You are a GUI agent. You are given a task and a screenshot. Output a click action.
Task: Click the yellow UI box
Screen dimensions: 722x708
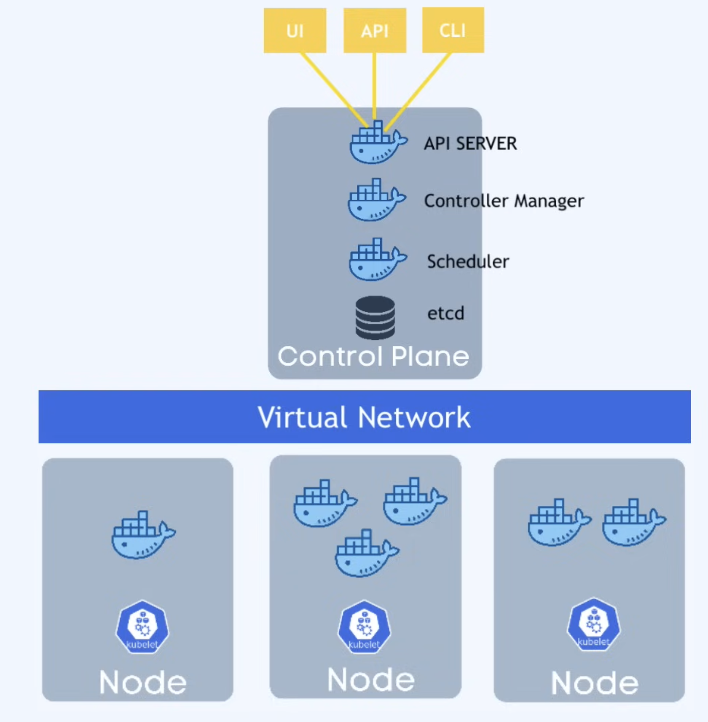click(295, 30)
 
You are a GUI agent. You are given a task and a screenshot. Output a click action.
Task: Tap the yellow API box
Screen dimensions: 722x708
click(375, 30)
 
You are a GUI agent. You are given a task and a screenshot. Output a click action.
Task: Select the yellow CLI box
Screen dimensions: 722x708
click(453, 30)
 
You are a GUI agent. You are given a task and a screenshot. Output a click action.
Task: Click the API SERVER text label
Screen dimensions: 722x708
click(470, 144)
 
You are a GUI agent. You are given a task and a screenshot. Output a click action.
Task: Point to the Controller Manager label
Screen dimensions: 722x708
click(504, 201)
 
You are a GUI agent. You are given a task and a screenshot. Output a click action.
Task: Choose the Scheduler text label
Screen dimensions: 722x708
click(468, 262)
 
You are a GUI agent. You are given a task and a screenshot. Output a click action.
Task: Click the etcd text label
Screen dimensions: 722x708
click(445, 313)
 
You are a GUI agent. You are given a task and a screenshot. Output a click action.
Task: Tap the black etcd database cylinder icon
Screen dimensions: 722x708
click(375, 318)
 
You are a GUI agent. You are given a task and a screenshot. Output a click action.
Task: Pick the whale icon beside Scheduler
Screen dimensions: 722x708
click(377, 261)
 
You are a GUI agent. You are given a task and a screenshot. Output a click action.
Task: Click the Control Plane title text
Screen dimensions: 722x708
click(373, 356)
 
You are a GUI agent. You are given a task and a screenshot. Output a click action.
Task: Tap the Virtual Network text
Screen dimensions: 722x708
click(364, 417)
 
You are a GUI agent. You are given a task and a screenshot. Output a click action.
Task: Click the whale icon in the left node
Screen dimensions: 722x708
click(142, 536)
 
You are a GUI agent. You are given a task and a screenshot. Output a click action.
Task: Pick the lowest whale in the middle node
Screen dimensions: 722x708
click(366, 554)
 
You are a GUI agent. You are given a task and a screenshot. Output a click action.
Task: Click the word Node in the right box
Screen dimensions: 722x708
click(594, 683)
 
